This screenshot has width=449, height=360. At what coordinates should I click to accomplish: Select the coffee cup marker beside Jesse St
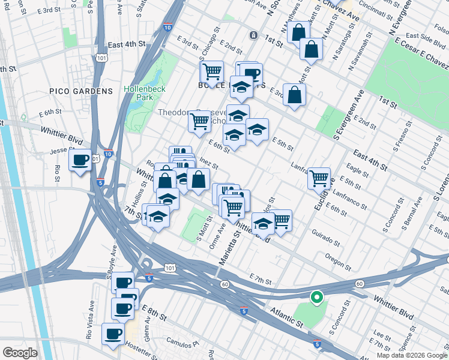80,160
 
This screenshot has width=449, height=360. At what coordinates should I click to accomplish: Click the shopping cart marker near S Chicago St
211,72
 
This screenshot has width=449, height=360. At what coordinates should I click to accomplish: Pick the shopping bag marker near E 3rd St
294,95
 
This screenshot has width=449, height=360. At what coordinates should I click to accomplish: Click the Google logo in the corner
20,353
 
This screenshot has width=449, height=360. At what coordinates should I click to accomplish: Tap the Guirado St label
326,238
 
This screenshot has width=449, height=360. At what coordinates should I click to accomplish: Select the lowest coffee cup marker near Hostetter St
113,334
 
